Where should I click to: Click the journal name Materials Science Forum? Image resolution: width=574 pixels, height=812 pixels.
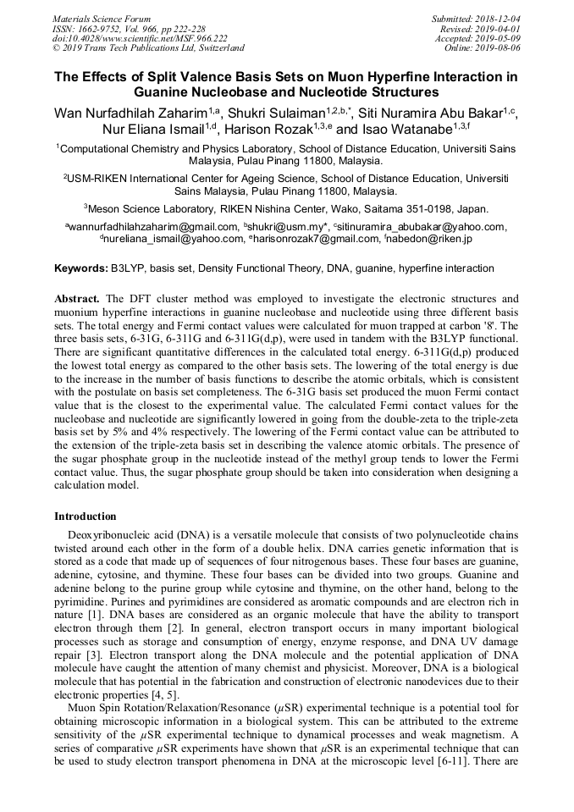102,19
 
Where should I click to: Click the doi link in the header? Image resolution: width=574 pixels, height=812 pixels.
140,38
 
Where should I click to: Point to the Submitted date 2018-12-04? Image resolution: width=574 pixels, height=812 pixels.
499,19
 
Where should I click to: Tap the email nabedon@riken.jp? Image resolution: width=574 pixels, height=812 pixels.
430,240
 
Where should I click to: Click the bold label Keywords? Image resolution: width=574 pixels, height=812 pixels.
81,268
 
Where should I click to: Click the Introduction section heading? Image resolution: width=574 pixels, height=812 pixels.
86,516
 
